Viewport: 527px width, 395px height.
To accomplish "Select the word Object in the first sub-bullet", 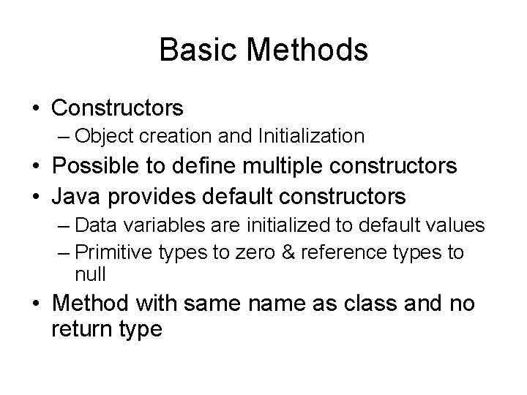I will (100, 135).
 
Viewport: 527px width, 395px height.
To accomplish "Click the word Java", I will (72, 195).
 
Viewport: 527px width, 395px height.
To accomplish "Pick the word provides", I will (146, 195).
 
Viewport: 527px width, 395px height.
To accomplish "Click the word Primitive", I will (110, 252).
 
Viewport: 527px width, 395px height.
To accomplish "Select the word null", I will (90, 274).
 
